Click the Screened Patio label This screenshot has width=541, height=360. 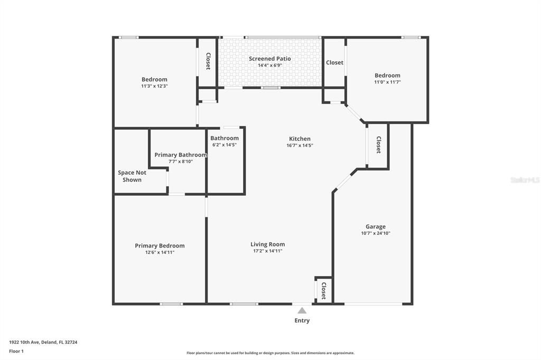point(269,59)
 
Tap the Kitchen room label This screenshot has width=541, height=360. point(299,139)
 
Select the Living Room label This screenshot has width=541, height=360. point(267,244)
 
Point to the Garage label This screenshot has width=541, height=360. point(376,226)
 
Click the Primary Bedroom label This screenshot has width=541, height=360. point(160,245)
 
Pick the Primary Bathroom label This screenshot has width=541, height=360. point(181,155)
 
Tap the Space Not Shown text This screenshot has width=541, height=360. point(132,176)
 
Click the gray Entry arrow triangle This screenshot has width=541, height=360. point(302,310)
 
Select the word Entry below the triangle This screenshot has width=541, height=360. point(302,320)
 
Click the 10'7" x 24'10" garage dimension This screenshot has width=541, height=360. point(376,233)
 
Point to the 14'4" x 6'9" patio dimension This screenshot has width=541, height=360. point(269,65)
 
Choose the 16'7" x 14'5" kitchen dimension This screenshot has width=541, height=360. point(300,145)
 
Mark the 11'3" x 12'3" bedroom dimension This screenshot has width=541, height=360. point(154,86)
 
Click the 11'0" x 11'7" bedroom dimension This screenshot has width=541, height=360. point(387,82)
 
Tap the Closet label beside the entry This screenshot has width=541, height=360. point(324,290)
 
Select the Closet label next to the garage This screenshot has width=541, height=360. point(378,145)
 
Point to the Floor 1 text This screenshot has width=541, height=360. point(16,351)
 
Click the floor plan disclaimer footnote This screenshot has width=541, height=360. point(270,353)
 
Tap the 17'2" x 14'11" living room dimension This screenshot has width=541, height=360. point(267,251)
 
